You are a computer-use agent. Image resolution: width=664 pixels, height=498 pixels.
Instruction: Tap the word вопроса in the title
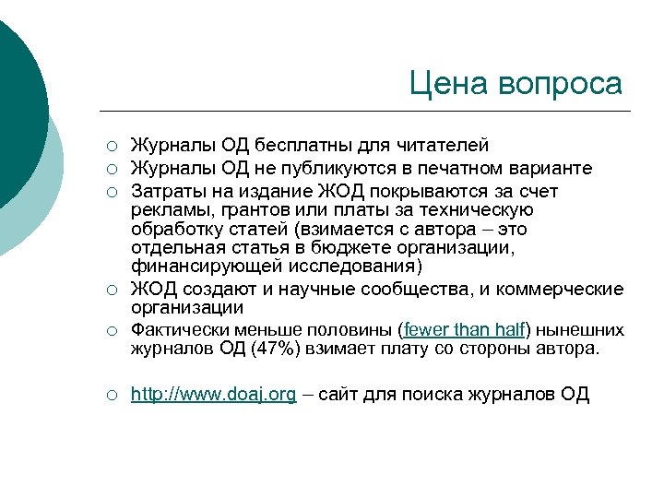coord(559,85)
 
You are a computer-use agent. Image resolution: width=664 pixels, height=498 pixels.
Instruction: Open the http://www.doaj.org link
coord(213,395)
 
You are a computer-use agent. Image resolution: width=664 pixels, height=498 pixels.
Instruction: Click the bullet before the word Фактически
coord(110,330)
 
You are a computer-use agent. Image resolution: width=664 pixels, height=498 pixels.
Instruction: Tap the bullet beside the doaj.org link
coord(110,396)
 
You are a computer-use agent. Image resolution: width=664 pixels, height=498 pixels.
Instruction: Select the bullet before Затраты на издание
coord(110,192)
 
